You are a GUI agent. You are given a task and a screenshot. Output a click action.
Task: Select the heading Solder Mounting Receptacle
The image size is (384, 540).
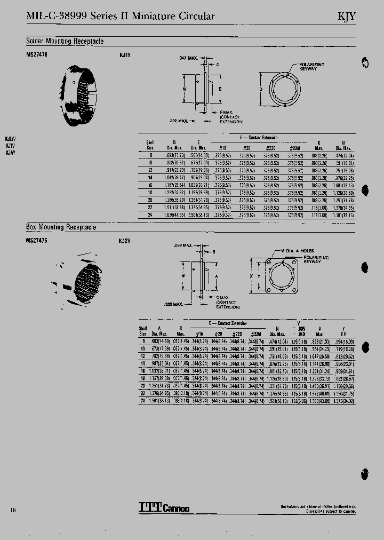[65, 41]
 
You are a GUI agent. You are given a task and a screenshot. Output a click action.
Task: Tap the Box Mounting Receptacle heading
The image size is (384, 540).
[61, 227]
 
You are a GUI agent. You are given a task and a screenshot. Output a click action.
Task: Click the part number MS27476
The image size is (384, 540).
[37, 241]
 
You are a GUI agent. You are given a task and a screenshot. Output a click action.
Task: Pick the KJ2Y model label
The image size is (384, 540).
[124, 241]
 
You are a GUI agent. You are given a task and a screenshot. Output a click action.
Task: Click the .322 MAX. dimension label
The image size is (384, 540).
[180, 121]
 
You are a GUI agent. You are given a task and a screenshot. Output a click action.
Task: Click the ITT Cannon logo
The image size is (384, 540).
[164, 507]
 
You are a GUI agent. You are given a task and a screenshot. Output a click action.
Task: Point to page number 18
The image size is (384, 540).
[13, 510]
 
